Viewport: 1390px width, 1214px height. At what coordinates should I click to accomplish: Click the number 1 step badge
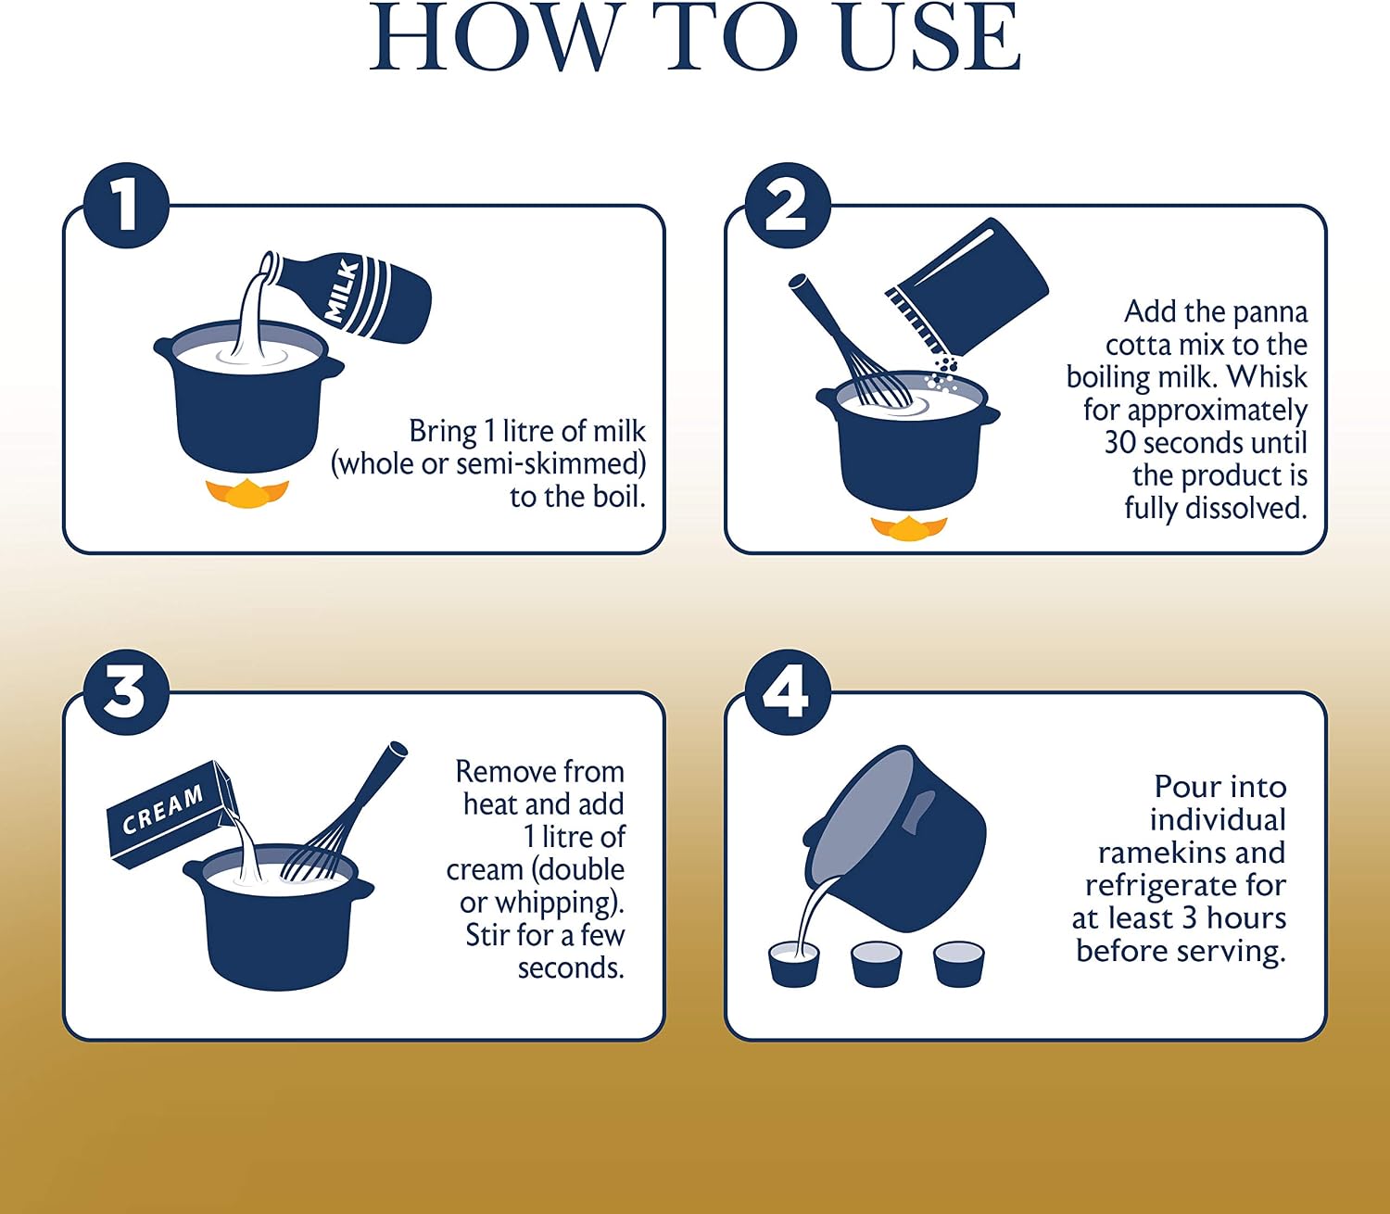(126, 205)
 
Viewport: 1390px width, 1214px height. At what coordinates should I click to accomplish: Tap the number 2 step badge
(788, 205)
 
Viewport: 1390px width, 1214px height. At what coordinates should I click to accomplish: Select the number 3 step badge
(126, 691)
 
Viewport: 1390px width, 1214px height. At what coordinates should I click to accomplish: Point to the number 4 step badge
(788, 691)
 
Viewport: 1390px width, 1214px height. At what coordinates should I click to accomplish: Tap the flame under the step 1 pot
(247, 492)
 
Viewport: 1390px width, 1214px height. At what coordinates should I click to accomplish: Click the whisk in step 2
(849, 342)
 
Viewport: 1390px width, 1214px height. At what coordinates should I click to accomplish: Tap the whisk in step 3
(343, 812)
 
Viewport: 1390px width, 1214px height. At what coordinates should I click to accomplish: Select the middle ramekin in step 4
(877, 963)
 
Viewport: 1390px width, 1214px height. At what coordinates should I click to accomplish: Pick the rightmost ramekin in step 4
(959, 963)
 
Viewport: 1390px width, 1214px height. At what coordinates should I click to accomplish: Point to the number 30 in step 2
(1122, 442)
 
